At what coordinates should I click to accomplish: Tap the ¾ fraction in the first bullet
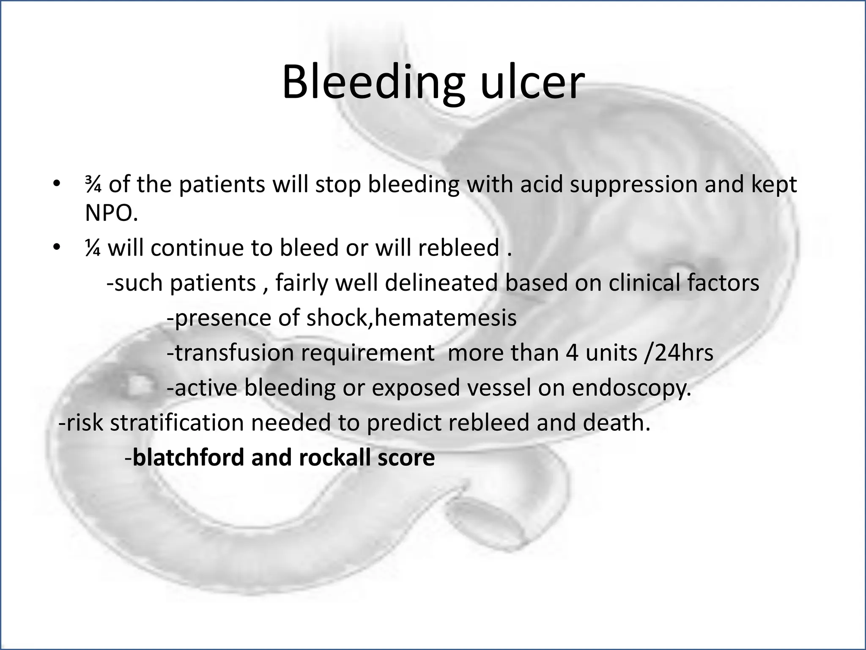click(x=93, y=185)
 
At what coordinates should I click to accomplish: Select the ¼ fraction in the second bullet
click(x=93, y=248)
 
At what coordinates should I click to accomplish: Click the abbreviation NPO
click(x=111, y=214)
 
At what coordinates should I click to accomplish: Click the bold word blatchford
click(x=188, y=457)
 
